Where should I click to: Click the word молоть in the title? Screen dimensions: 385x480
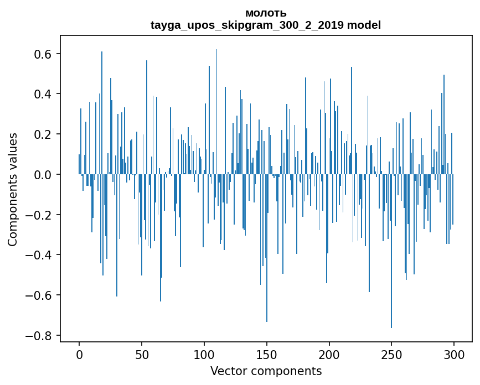coord(266,13)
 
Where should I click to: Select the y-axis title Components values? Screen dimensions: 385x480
coord(13,189)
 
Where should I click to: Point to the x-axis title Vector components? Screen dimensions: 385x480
coord(266,371)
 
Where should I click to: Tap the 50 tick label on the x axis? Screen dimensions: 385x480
coord(142,354)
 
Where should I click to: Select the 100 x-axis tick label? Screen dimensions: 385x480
coord(204,354)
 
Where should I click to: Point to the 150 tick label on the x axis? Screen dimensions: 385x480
coord(267,354)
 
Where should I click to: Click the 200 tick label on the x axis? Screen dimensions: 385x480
coord(329,354)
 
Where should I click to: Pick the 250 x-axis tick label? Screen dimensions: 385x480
coord(391,354)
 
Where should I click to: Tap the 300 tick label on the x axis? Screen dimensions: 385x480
coord(454,354)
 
